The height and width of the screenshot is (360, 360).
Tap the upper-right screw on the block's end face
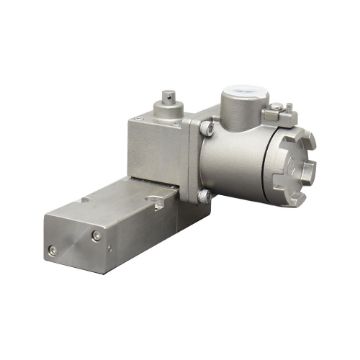click(x=96, y=236)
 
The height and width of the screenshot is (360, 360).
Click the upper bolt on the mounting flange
click(x=207, y=128)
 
